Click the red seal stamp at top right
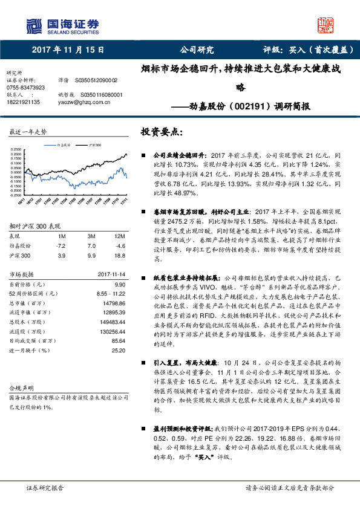pos(326,26)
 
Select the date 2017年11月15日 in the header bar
pos(68,50)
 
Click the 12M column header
pos(120,236)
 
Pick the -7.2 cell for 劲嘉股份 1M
pos(61,246)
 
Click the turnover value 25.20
pos(117,350)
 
